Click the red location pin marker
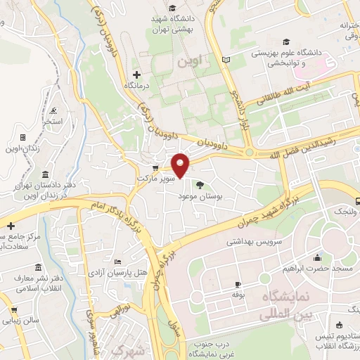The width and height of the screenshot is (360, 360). coord(181,165)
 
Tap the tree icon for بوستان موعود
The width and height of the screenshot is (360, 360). coord(201,186)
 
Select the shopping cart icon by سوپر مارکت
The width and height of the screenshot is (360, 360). coord(155,168)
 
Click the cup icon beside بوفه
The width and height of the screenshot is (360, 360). coord(238,284)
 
